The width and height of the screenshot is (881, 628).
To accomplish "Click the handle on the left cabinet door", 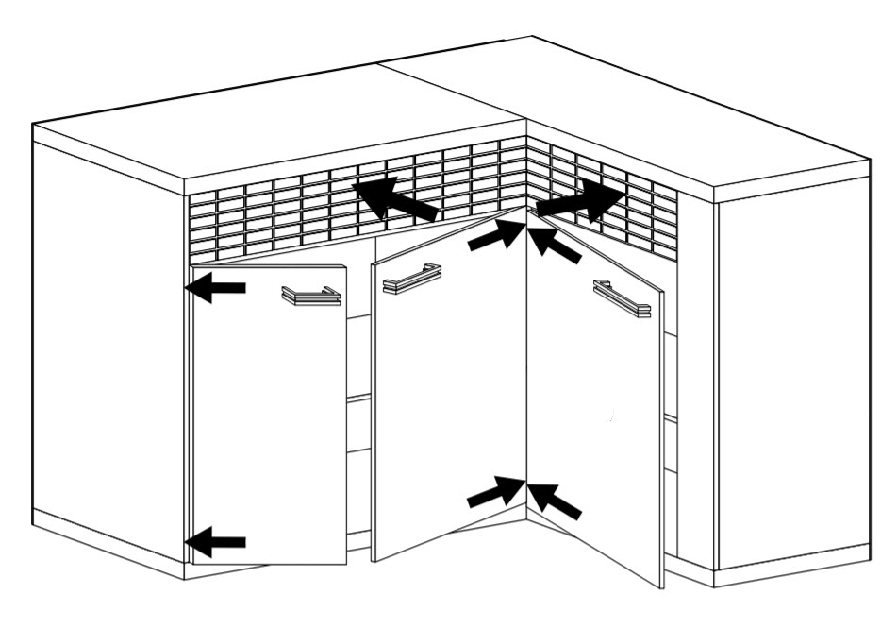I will pos(311,296).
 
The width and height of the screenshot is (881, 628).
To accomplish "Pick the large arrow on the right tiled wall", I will pos(581,201).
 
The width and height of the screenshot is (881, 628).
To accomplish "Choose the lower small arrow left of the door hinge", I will pos(496,492).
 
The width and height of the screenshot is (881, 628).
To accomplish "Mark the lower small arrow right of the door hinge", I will pos(556,501).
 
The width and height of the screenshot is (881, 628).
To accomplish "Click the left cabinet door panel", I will pos(269,425).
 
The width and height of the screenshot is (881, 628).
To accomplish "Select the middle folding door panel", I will pos(448,406).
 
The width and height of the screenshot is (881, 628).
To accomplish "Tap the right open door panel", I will pos(594,425).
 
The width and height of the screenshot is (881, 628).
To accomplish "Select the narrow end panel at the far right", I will pos(792,378).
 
